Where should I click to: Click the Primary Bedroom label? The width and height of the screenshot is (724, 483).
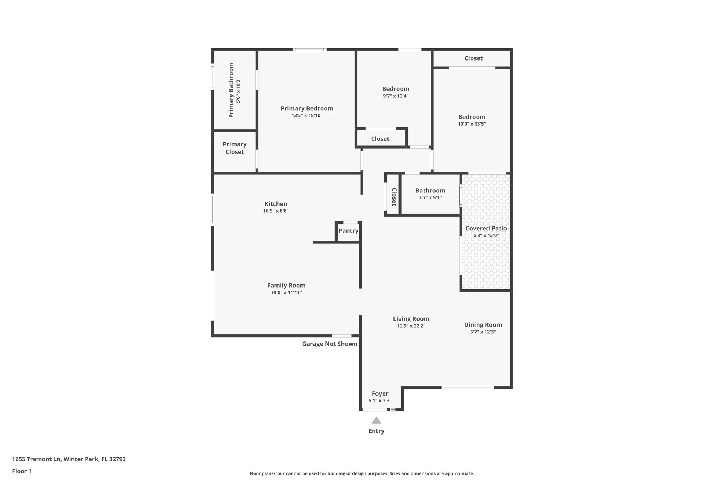(307, 109)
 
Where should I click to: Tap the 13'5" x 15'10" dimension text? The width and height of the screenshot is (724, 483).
(307, 116)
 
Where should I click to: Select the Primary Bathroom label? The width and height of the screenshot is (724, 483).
(231, 90)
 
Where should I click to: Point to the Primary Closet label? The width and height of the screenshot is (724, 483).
(235, 148)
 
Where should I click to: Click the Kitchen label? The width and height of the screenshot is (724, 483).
(276, 204)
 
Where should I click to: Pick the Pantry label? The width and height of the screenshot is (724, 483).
(349, 231)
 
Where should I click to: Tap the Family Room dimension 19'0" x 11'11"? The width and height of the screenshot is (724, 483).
(286, 293)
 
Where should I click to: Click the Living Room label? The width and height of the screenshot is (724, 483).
(411, 319)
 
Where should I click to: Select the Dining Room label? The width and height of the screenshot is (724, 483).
(483, 325)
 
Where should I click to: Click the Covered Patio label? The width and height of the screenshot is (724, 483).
(486, 229)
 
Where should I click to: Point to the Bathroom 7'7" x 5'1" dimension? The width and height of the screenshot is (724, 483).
(430, 198)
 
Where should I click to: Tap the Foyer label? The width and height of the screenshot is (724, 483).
(380, 393)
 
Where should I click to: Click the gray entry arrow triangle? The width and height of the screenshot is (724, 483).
(376, 420)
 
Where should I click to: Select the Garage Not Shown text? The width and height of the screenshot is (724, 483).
(329, 344)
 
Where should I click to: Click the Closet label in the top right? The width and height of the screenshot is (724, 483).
(473, 58)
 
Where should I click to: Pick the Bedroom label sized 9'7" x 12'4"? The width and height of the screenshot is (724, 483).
(396, 89)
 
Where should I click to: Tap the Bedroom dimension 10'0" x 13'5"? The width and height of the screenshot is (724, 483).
(472, 124)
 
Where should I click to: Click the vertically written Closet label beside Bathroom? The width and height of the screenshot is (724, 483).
(394, 197)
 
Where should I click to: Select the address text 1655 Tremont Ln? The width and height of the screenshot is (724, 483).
(37, 459)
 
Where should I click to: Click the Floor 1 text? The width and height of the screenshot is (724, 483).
(22, 471)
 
